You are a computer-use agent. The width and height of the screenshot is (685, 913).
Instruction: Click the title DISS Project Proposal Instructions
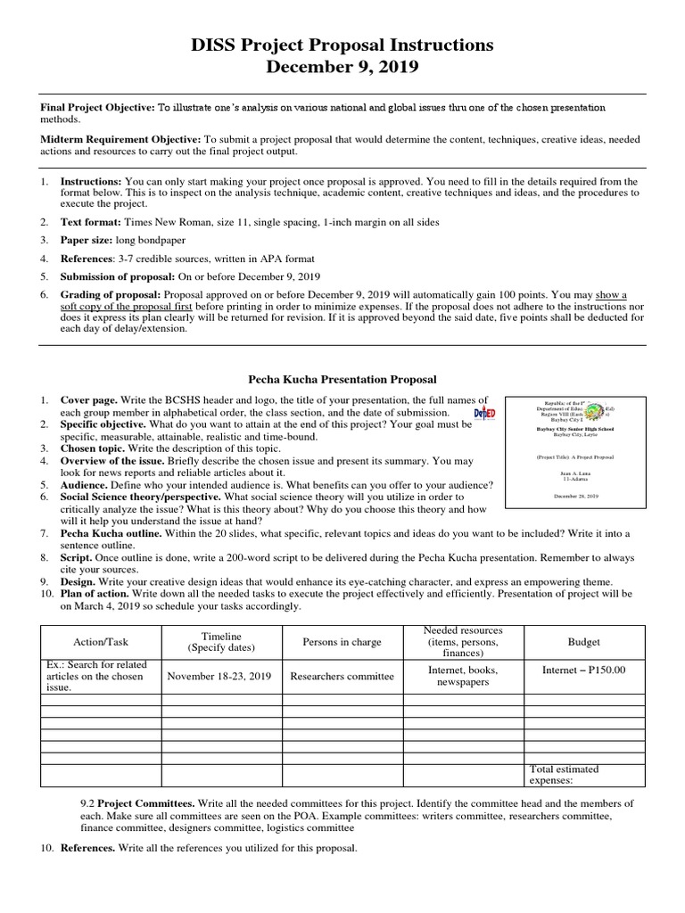(x=342, y=44)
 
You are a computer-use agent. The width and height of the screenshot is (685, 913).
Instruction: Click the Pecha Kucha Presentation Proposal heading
(x=342, y=380)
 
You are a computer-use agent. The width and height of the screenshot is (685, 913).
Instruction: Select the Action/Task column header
(x=100, y=642)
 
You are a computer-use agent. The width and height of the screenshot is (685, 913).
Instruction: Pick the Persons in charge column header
(x=342, y=642)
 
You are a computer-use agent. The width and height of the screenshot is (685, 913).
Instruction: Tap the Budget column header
(x=583, y=642)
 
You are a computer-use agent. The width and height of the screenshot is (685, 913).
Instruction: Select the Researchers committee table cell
(x=342, y=676)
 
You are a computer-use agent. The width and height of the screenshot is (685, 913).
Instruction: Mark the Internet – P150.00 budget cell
(x=583, y=670)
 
